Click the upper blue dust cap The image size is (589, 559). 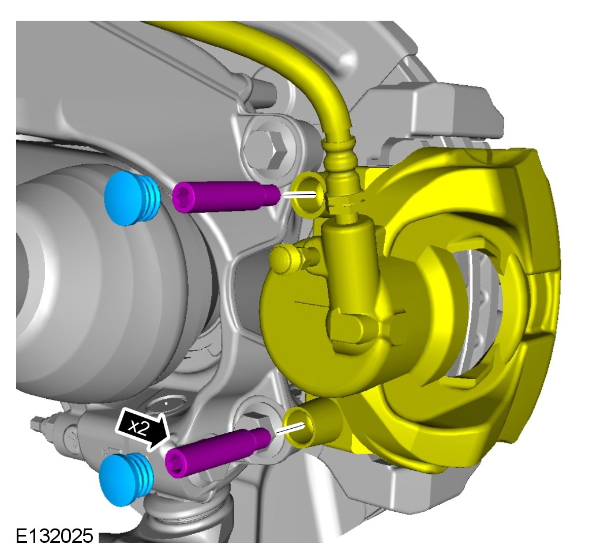(x=132, y=199)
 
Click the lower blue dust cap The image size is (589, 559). (x=126, y=479)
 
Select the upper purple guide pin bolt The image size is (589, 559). (x=226, y=197)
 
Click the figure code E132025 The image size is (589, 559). (x=54, y=536)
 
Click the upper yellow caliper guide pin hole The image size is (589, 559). (x=309, y=194)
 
